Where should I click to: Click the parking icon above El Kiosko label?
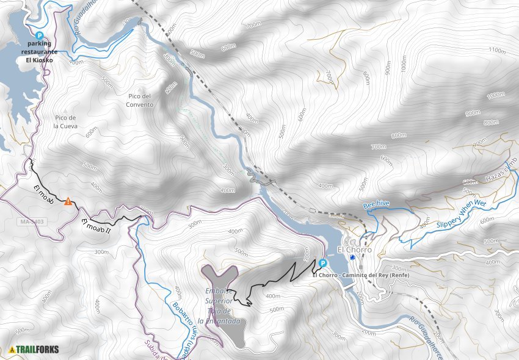40,36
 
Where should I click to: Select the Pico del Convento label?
140,100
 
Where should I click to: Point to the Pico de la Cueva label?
64,122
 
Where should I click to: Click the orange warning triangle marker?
68,201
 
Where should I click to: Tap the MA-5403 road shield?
31,221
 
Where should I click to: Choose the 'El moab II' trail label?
95,227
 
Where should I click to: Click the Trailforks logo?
34,350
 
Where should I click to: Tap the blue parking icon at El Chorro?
322,263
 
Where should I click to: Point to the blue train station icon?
353,257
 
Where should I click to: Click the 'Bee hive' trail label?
376,203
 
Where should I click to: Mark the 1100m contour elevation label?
497,51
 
